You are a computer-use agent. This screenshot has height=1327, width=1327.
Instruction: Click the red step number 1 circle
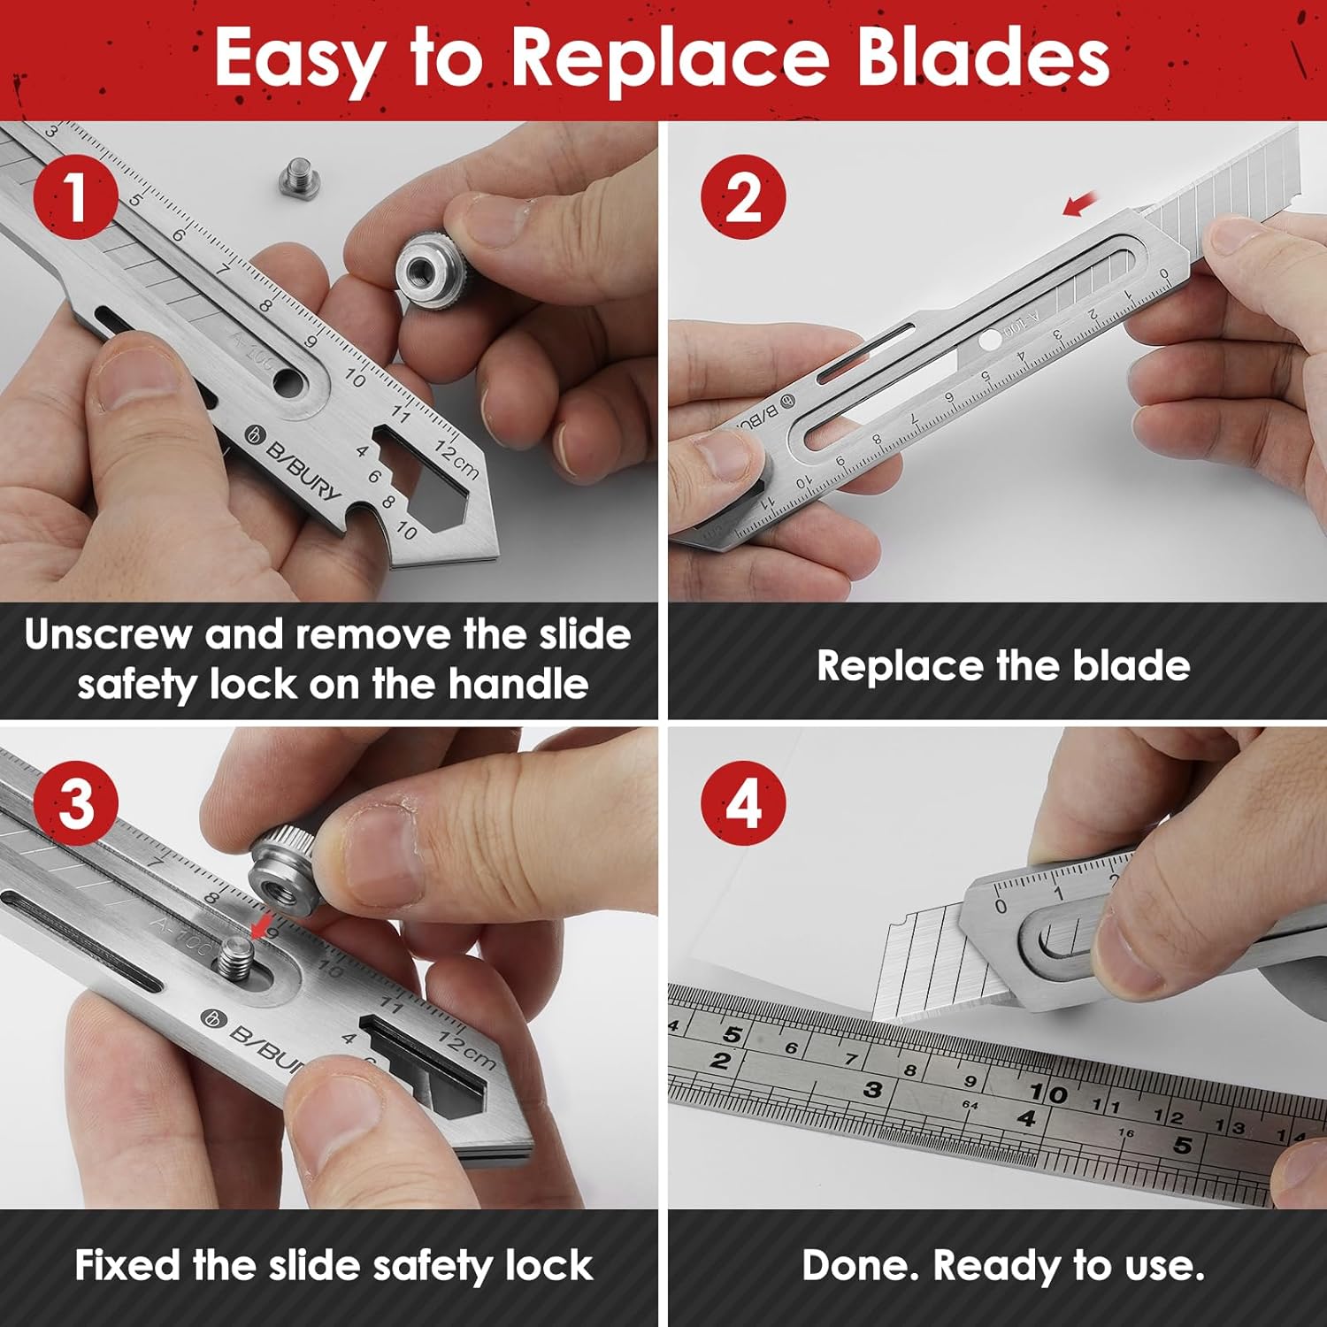[76, 196]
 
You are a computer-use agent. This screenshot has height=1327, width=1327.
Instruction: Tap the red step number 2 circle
[743, 196]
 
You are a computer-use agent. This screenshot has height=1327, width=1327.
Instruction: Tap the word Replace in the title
[670, 58]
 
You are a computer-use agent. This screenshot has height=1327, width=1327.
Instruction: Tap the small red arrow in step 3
[260, 924]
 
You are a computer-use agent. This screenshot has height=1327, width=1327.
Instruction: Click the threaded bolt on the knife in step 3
[237, 955]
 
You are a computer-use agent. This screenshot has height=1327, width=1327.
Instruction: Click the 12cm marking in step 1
[456, 458]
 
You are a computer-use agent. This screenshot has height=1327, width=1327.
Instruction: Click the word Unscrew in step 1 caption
[108, 635]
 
